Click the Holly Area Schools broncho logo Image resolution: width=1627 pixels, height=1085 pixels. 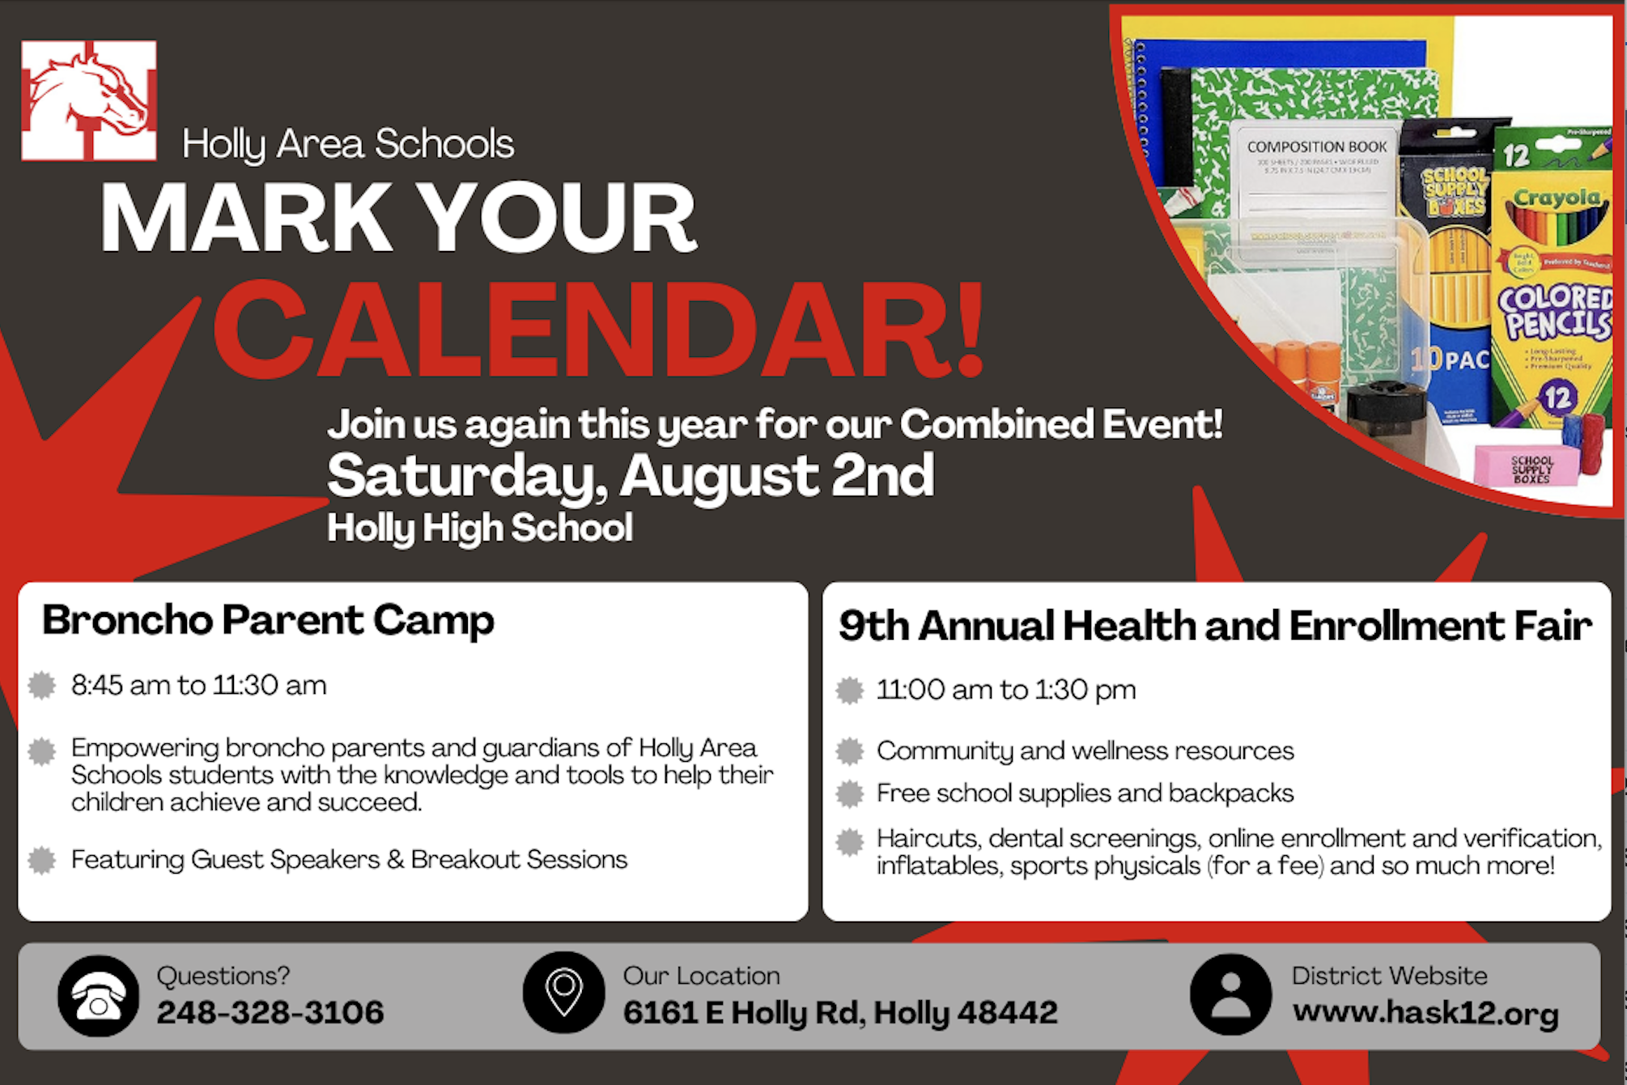(x=89, y=100)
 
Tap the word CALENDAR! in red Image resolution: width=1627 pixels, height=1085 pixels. (x=599, y=330)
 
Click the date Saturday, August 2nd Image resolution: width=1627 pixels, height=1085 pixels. (x=630, y=475)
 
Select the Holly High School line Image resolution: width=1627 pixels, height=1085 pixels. (x=479, y=528)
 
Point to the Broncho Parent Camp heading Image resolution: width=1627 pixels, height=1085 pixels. (x=268, y=621)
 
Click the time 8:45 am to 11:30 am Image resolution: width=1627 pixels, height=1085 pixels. (x=198, y=686)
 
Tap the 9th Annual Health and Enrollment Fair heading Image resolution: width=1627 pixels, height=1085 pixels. (x=1215, y=626)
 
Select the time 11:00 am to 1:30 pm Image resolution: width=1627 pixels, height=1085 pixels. (x=1005, y=690)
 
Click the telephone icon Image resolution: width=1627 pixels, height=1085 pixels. (x=99, y=996)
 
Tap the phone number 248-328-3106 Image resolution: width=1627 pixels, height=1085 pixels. (x=270, y=1012)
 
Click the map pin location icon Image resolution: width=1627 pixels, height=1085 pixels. (x=564, y=992)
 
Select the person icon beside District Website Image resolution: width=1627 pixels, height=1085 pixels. (x=1230, y=994)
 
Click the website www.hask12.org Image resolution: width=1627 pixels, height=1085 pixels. (x=1425, y=1012)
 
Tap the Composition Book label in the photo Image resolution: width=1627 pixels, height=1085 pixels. (x=1316, y=147)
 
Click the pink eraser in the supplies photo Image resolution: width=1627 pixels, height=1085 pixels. (x=1526, y=466)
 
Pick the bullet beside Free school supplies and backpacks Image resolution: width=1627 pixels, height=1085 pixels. (x=850, y=794)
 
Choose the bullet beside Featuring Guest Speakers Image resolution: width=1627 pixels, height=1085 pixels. (x=42, y=860)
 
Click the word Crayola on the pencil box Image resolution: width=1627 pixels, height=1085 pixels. (x=1556, y=198)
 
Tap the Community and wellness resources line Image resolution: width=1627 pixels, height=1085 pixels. (x=1085, y=751)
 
